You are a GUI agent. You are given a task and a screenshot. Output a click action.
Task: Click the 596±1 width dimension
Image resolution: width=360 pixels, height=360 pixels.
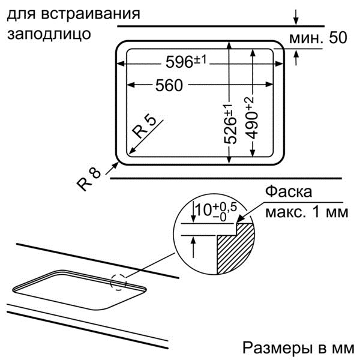point(186,62)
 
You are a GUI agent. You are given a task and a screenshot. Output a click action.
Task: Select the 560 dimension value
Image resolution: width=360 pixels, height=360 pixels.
point(169,85)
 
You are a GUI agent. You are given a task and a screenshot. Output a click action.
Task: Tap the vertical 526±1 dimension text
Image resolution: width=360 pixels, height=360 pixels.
point(230,124)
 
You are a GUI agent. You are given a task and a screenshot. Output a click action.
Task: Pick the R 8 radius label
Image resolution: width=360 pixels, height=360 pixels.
point(89,179)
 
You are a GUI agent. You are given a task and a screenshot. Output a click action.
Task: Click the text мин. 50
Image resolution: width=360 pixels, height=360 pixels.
point(318,38)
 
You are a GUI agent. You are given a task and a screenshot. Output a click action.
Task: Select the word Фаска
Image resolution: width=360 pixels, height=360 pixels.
point(289,192)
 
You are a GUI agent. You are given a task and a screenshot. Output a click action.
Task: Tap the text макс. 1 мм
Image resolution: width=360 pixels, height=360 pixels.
point(307,212)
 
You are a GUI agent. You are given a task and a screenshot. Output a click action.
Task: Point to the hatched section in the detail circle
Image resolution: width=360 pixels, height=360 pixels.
point(235,248)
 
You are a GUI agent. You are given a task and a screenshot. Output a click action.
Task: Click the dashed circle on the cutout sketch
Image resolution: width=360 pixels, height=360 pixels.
point(118,282)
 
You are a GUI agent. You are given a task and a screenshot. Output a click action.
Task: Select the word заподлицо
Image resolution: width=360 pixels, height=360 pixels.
point(49,34)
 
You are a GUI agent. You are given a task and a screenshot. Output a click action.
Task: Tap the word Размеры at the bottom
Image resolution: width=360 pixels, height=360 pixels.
point(277,349)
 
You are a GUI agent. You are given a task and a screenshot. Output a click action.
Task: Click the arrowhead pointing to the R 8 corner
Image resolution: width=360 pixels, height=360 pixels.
point(116,164)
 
